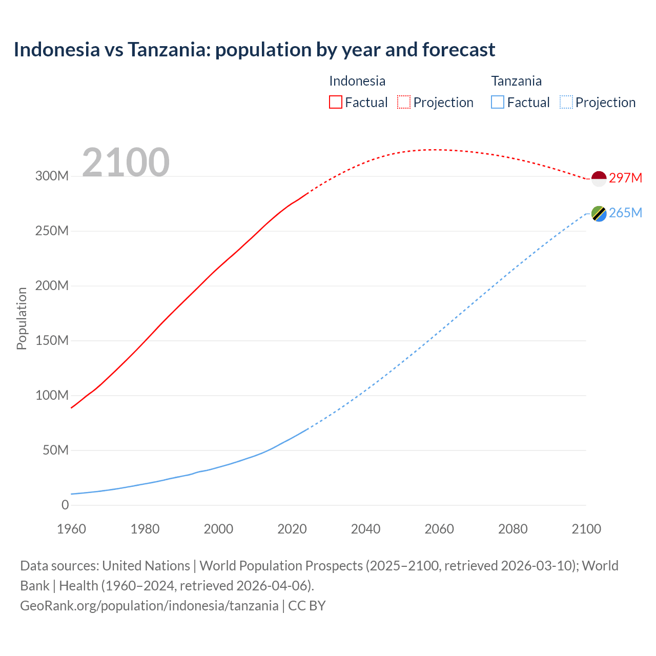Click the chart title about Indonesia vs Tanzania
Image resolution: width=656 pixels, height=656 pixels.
click(x=254, y=50)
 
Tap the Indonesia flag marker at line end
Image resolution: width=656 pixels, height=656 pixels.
click(x=599, y=178)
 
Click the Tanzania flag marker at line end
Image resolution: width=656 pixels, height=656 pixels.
click(x=599, y=213)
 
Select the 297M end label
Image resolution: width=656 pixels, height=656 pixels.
click(x=625, y=178)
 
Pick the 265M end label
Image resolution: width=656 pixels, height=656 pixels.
click(x=625, y=213)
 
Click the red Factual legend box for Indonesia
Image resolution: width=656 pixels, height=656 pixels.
click(x=336, y=102)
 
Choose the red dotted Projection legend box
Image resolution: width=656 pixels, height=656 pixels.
click(x=404, y=102)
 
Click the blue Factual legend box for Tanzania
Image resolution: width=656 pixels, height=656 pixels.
click(x=498, y=102)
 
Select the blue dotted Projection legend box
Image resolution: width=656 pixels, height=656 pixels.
click(x=566, y=102)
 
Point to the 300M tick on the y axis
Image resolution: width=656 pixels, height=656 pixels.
click(x=52, y=176)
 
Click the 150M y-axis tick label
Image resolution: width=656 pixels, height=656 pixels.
click(x=52, y=340)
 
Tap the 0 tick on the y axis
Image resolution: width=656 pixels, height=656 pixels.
click(x=65, y=505)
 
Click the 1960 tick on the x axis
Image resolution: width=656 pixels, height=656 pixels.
click(x=71, y=529)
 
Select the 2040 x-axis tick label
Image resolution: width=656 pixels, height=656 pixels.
click(x=365, y=529)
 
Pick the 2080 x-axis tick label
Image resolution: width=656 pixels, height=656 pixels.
click(x=512, y=529)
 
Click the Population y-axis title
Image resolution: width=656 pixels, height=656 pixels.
click(x=22, y=318)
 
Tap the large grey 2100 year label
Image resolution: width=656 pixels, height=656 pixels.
click(x=126, y=162)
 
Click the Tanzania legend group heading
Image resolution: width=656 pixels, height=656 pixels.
click(x=516, y=81)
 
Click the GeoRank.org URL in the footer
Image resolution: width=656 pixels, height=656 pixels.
click(x=149, y=606)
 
